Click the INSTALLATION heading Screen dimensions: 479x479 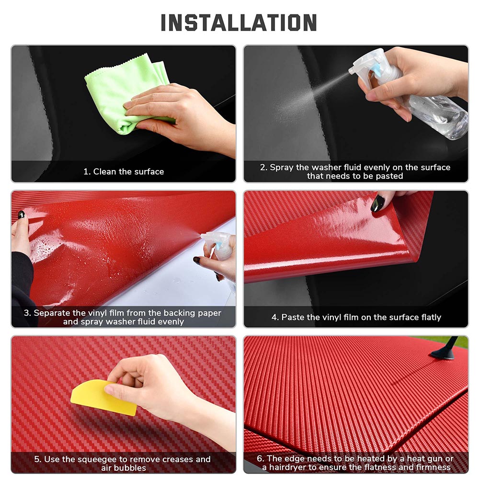pos(239,23)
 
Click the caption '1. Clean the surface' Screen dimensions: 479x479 pos(124,171)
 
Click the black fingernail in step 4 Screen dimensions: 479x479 pos(377,204)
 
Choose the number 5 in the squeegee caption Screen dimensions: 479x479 pos(37,459)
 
